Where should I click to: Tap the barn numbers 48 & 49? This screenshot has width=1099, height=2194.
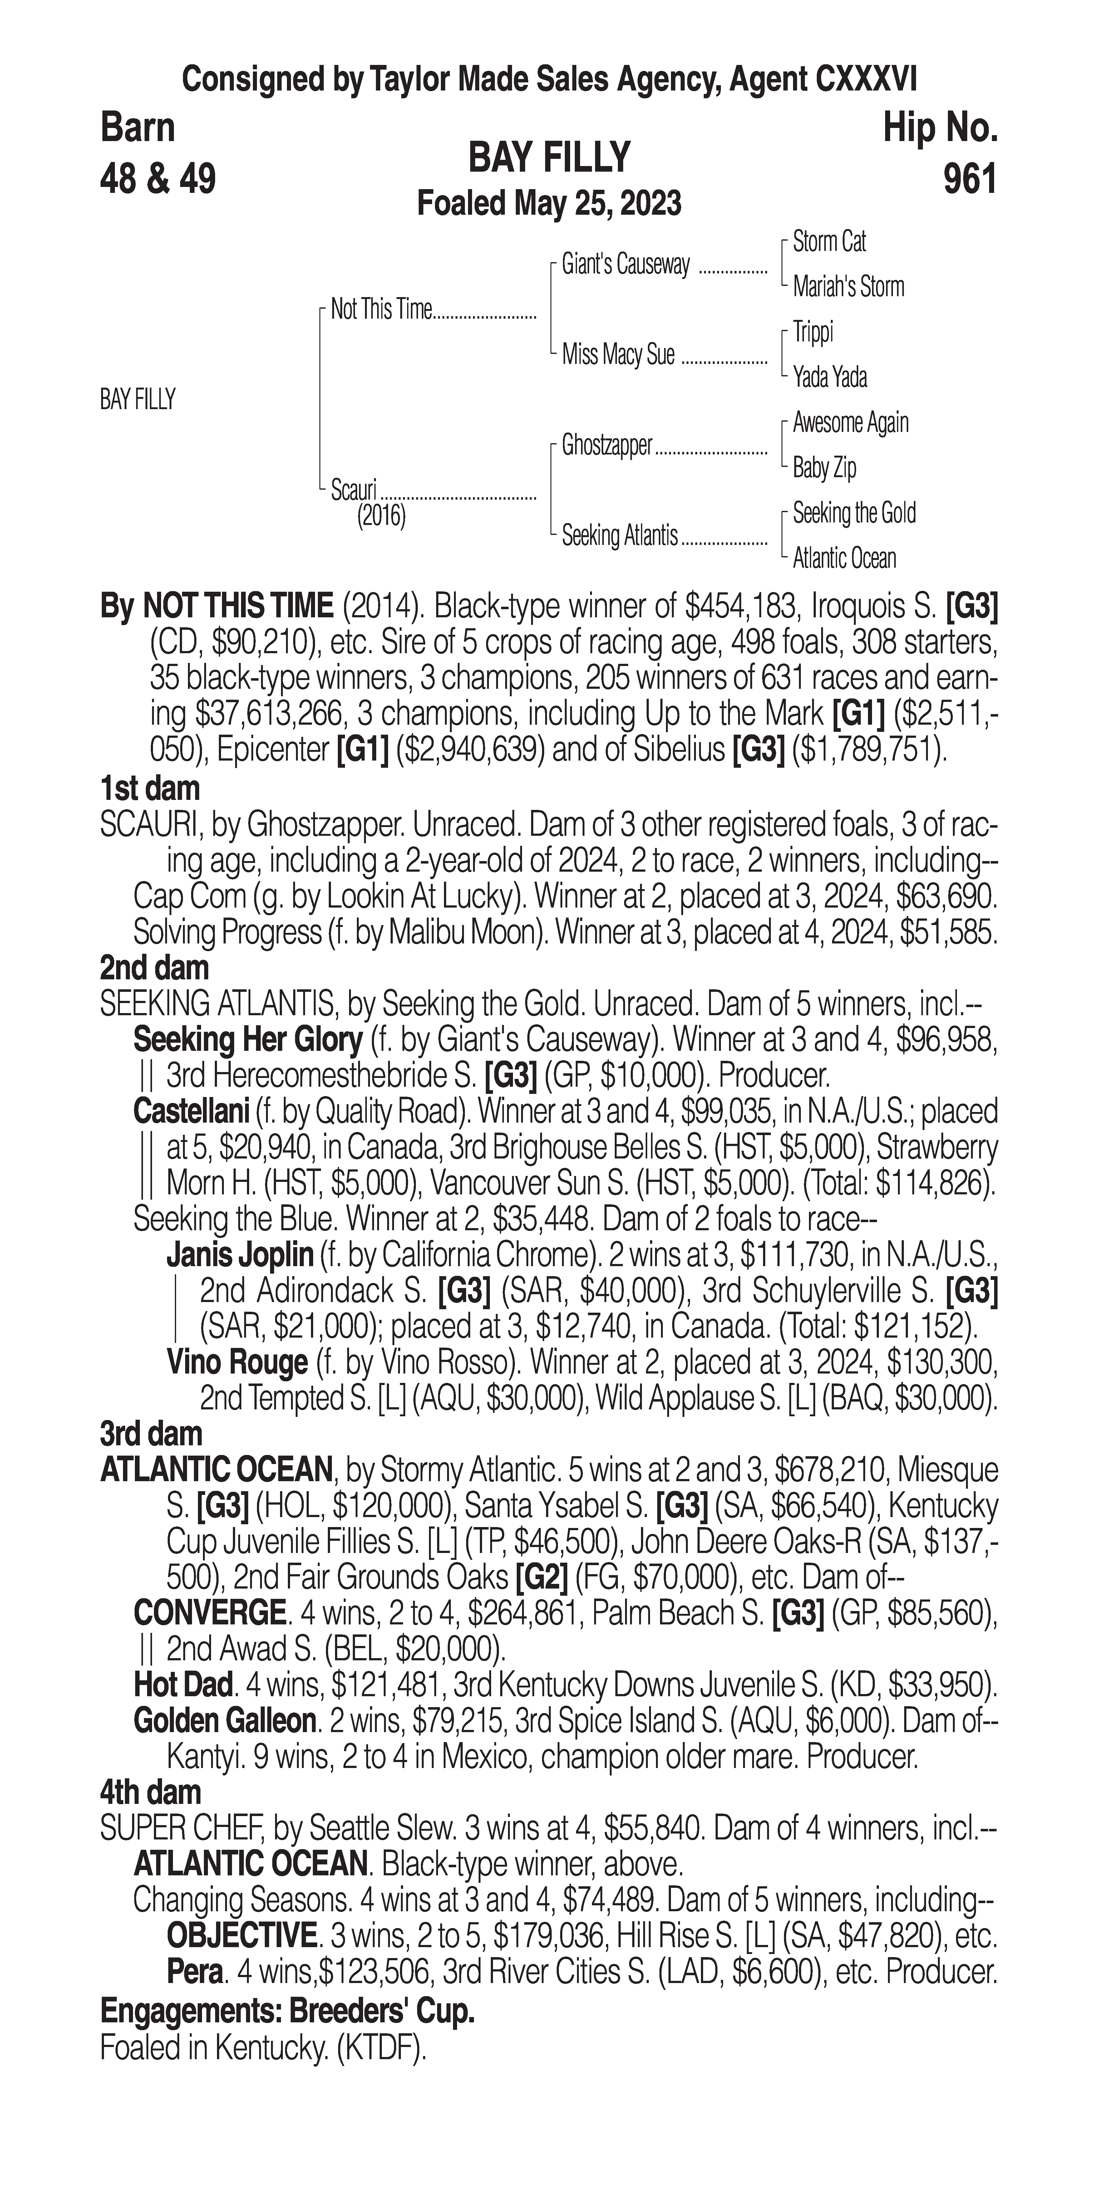158,179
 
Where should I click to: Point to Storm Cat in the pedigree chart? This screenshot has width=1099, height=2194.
829,242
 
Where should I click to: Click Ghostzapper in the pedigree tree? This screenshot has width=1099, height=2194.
607,445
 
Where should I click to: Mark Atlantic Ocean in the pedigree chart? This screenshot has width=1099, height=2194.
844,559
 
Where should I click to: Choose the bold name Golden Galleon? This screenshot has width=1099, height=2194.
224,1721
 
